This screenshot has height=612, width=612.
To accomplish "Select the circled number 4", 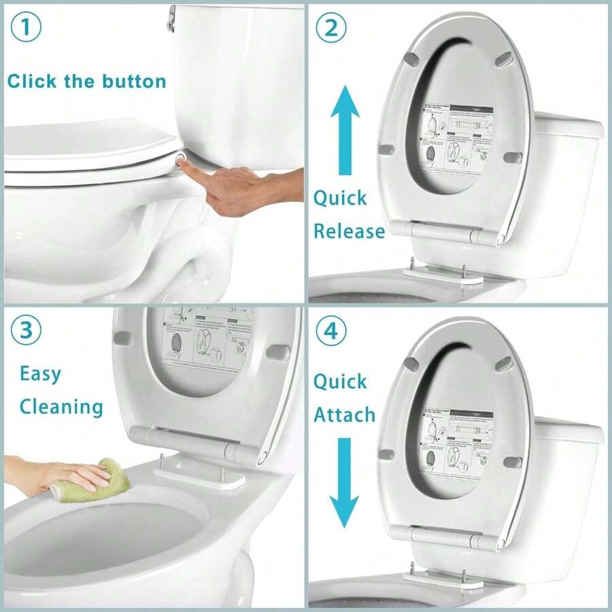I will [331, 331].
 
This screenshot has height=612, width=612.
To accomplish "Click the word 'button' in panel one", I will [134, 82].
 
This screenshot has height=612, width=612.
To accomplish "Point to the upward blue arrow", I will [345, 129].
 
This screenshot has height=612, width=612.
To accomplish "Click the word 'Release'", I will [348, 231].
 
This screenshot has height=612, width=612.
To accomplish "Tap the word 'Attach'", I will [344, 414].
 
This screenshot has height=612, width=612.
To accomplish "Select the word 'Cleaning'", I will [61, 407].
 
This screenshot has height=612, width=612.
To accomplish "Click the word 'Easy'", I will [40, 373].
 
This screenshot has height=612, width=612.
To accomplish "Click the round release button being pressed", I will [182, 157].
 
